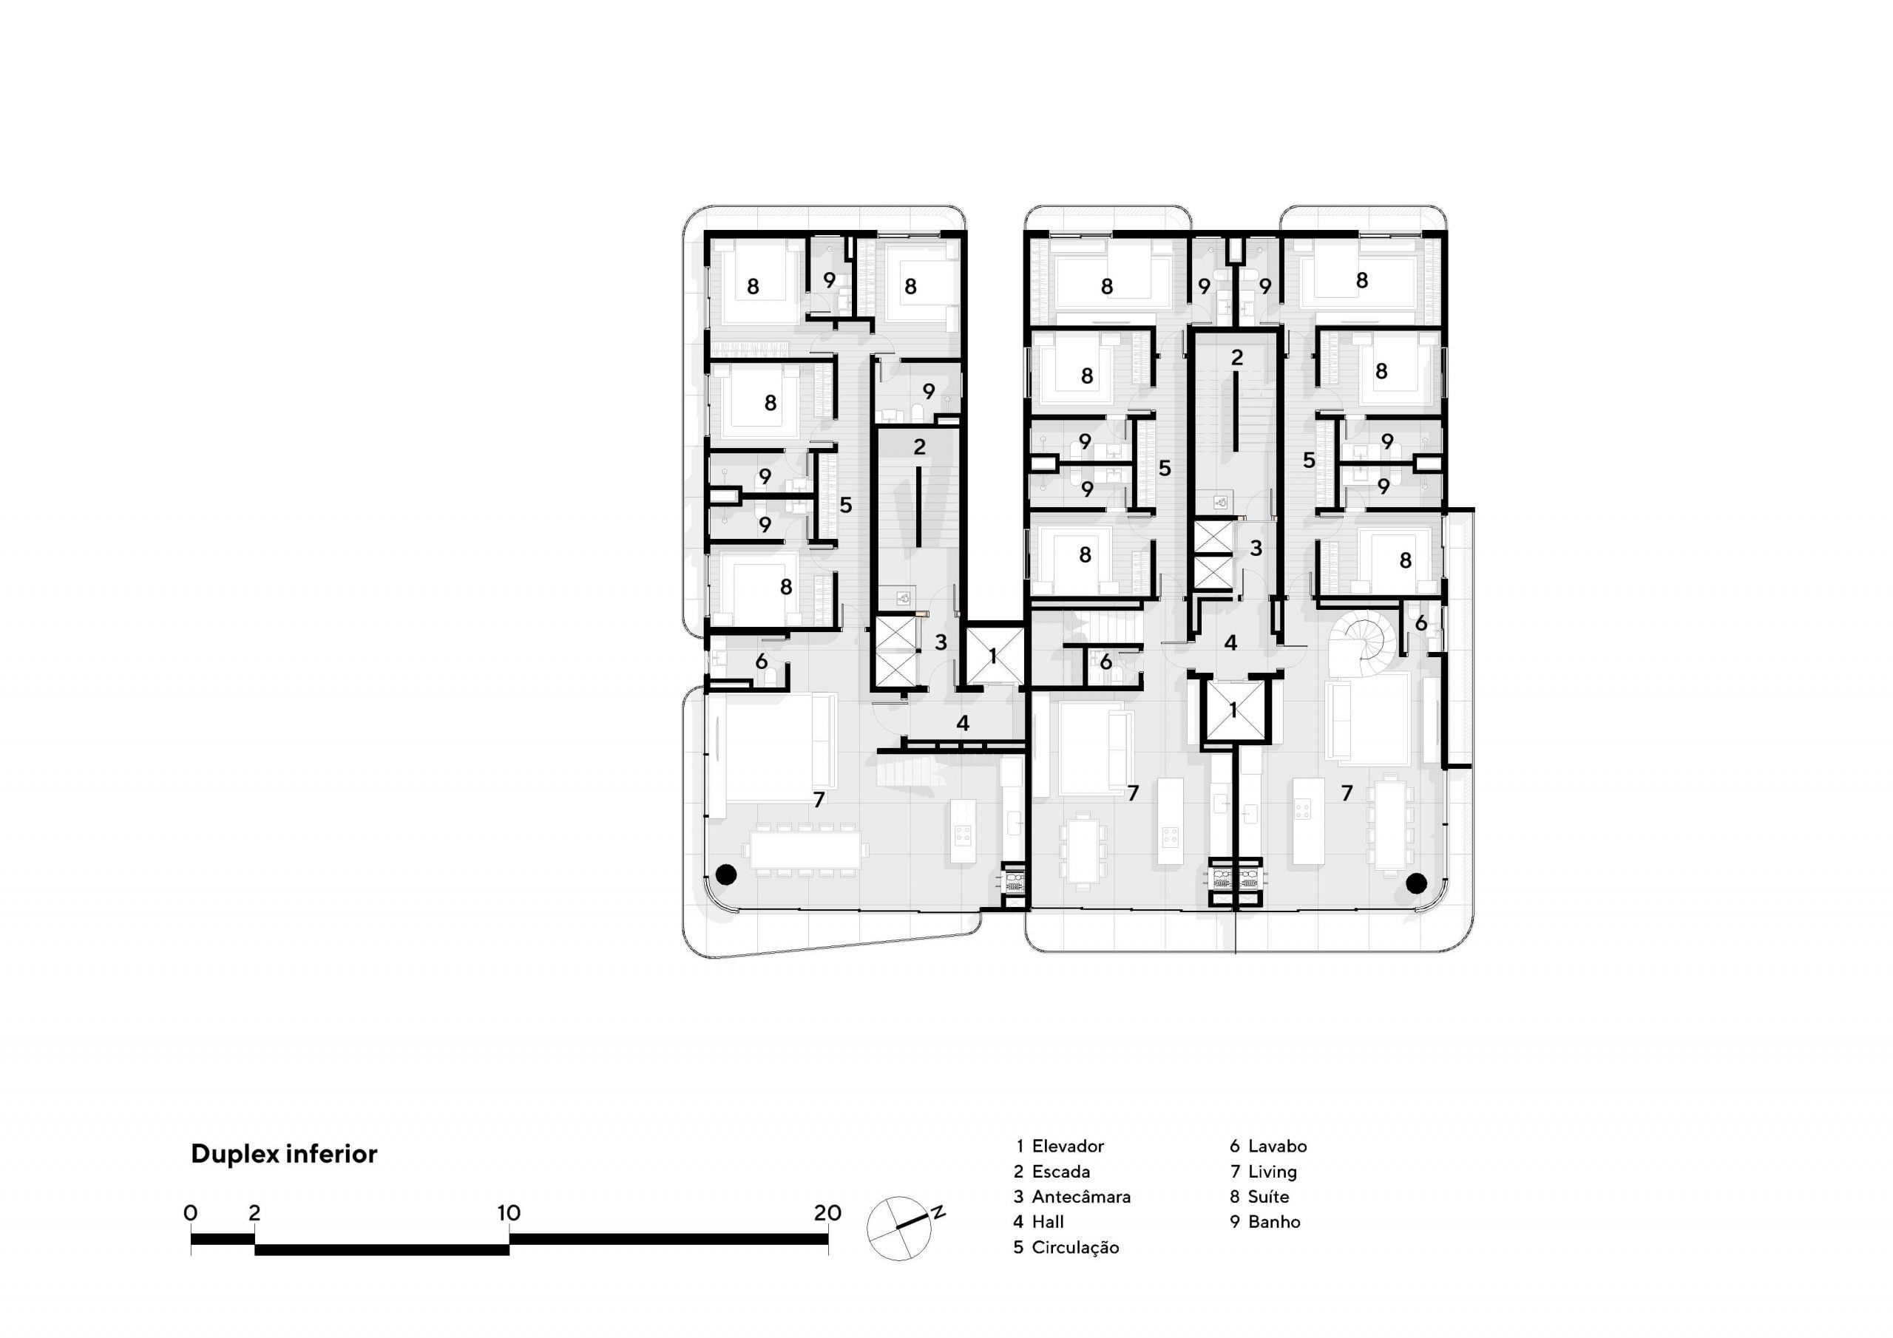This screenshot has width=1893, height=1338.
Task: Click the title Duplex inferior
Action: click(284, 1153)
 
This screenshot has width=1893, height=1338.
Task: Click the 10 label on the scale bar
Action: click(509, 1212)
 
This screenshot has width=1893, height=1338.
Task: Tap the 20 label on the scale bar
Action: click(827, 1212)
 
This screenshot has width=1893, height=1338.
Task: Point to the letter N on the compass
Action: click(938, 1212)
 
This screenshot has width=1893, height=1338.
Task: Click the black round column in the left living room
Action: click(725, 875)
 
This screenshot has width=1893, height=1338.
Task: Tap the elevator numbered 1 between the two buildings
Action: click(994, 656)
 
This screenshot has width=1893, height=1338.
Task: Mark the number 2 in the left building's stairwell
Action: click(919, 446)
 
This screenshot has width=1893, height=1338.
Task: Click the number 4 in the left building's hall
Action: click(962, 723)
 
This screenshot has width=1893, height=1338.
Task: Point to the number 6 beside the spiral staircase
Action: click(1420, 624)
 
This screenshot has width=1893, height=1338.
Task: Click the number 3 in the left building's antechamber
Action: click(941, 642)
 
